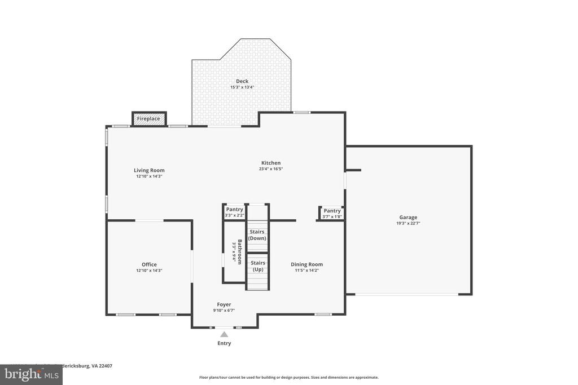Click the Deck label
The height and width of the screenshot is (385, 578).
click(x=242, y=81)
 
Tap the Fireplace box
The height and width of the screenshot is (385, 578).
click(x=149, y=119)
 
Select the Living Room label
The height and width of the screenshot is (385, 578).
click(x=149, y=170)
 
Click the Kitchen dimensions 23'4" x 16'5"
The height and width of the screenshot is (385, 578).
click(x=271, y=169)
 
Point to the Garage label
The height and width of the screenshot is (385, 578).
click(x=408, y=217)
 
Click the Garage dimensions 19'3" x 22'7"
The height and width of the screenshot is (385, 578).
click(x=408, y=223)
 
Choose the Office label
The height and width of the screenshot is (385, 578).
click(x=149, y=264)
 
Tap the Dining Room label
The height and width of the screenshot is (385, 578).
click(x=306, y=264)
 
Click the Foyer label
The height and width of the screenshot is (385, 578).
click(x=224, y=304)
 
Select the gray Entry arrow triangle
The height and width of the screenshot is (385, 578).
click(x=224, y=334)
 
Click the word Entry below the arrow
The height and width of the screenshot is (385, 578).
click(x=224, y=343)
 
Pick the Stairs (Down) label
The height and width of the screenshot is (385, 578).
click(x=257, y=235)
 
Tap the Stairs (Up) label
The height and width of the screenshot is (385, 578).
click(x=257, y=266)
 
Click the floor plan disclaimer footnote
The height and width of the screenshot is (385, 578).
click(x=288, y=378)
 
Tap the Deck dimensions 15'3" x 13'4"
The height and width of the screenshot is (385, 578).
click(x=242, y=87)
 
